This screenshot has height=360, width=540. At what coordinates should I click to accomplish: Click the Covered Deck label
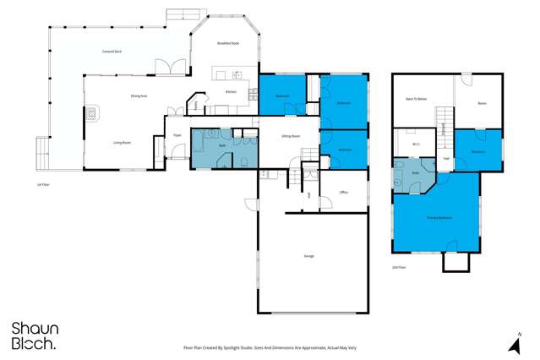pos(112,52)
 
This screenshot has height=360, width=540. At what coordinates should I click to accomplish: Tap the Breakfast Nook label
pos(229,43)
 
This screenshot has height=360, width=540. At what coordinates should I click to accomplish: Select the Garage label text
pos(308,255)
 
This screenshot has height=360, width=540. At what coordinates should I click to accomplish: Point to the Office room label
pos(344,193)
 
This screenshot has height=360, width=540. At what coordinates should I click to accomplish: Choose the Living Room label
pos(122,143)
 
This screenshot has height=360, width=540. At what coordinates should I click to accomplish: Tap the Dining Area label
pos(139,96)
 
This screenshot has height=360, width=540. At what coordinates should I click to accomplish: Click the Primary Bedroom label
pos(438,218)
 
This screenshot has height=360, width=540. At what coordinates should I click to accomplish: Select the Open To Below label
pos(416,99)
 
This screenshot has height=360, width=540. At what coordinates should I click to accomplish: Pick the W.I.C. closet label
pos(417,144)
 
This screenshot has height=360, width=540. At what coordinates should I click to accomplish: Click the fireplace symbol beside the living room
pos(90,112)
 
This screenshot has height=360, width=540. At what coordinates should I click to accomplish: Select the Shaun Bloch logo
pos(34,335)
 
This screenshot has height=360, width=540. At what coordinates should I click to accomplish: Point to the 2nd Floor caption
pos(400,267)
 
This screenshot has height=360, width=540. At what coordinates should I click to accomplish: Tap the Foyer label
pos(177,135)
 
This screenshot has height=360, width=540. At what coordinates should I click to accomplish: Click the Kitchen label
pos(231,91)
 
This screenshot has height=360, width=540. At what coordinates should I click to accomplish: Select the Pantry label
pos(196,105)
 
